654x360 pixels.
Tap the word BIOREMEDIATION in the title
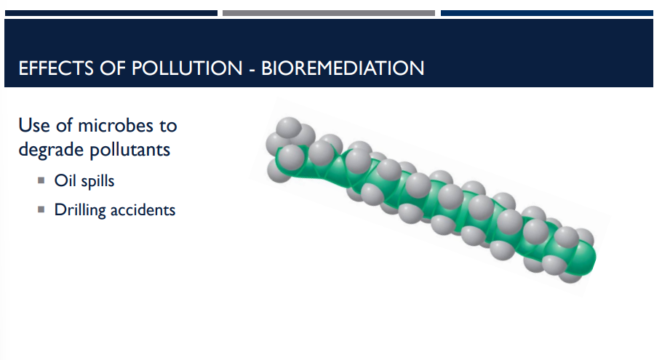click(x=342, y=68)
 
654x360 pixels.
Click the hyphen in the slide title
click(x=252, y=69)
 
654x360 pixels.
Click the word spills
click(x=98, y=180)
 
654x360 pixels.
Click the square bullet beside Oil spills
click(x=41, y=180)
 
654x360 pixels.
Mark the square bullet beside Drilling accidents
click(x=41, y=210)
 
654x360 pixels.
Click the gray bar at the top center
click(x=328, y=13)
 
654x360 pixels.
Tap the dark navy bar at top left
click(x=111, y=13)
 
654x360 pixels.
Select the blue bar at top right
click(x=546, y=13)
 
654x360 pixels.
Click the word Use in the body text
click(x=33, y=125)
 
